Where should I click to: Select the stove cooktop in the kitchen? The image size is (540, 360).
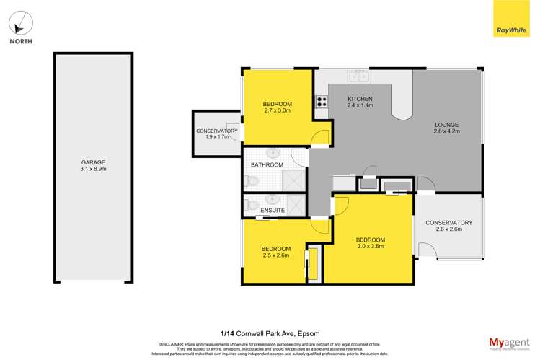320,102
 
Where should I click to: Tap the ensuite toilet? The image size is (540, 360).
249,204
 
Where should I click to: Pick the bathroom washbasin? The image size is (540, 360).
273,153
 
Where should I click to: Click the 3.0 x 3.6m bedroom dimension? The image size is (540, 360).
370,247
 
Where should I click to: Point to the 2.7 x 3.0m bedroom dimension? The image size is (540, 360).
278,112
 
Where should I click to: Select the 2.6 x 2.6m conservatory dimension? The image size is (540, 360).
448,230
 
